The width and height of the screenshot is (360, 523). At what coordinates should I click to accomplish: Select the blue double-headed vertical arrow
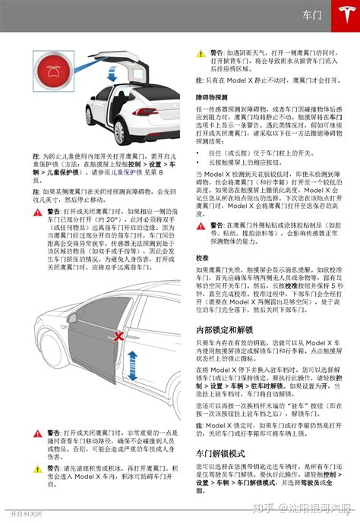132,367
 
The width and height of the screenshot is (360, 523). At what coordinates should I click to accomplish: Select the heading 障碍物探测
213,98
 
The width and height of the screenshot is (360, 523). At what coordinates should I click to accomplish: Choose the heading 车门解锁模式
221,452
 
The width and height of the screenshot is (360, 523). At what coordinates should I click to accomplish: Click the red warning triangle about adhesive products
201,225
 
